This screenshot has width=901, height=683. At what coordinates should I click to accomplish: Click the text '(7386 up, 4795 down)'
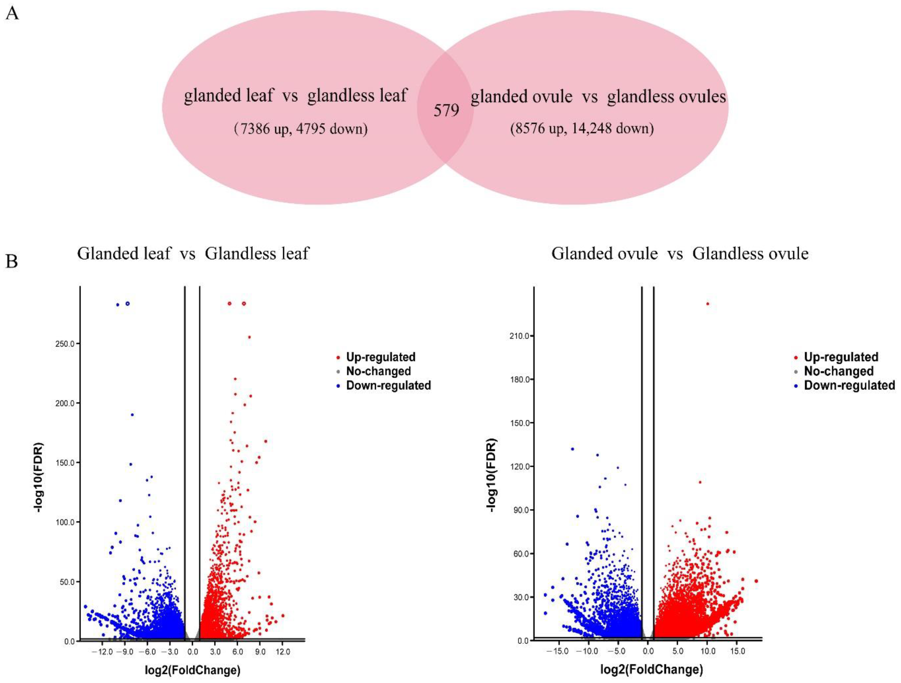(x=300, y=129)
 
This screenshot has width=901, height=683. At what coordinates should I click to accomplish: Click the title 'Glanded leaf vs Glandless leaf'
(x=193, y=253)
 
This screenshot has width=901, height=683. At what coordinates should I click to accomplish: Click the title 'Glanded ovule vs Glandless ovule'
(x=680, y=253)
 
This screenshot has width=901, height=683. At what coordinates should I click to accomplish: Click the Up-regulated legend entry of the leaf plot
(x=380, y=357)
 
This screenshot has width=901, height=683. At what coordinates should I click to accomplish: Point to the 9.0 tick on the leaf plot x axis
(x=260, y=652)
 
